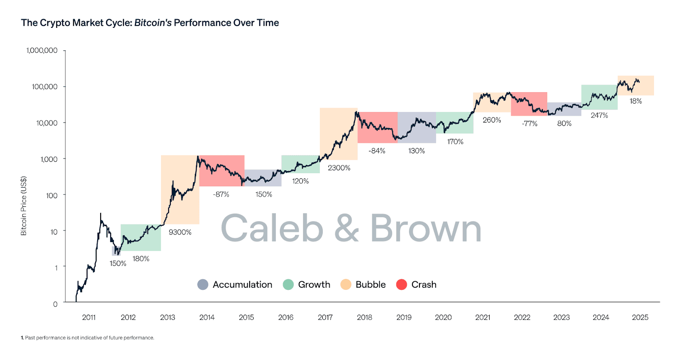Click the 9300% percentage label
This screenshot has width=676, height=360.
pos(180,232)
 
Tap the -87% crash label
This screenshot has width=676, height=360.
pos(221,194)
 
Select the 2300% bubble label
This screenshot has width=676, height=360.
pos(339,168)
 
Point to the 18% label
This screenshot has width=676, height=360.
pos(635,101)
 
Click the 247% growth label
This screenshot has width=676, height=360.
pos(599,115)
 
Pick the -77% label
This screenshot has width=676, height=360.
pos(529,123)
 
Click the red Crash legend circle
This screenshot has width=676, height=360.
pos(401,285)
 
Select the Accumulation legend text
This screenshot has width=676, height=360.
pos(242,285)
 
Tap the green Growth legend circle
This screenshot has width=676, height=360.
pos(288,285)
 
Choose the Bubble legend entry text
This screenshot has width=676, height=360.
pos(371,285)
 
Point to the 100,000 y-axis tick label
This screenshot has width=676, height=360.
pos(45,87)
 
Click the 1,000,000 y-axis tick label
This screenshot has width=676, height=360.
pos(42,50)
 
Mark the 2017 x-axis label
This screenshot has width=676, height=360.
pos(325,317)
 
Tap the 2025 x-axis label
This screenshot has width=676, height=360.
pos(640,317)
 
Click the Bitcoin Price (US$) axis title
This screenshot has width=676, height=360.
pos(24,206)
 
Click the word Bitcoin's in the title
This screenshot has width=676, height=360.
pos(153,23)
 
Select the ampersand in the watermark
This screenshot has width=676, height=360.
pos(346,228)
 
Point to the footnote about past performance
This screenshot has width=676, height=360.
pos(87,338)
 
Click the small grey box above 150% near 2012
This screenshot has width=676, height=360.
pos(116,251)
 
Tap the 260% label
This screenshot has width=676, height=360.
pos(492,120)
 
